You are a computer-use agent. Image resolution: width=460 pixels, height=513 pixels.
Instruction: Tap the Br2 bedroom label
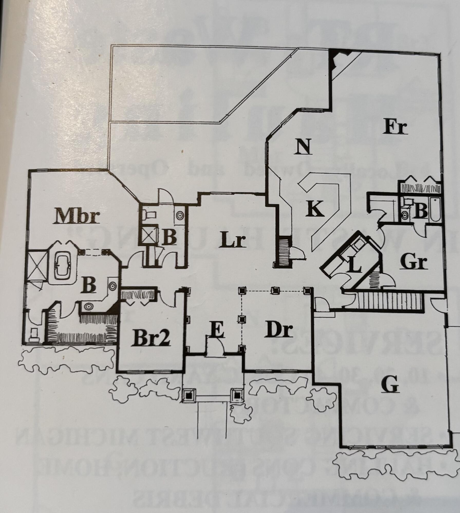pos(152,338)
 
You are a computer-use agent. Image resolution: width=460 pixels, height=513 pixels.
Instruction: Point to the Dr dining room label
pos(280,331)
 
